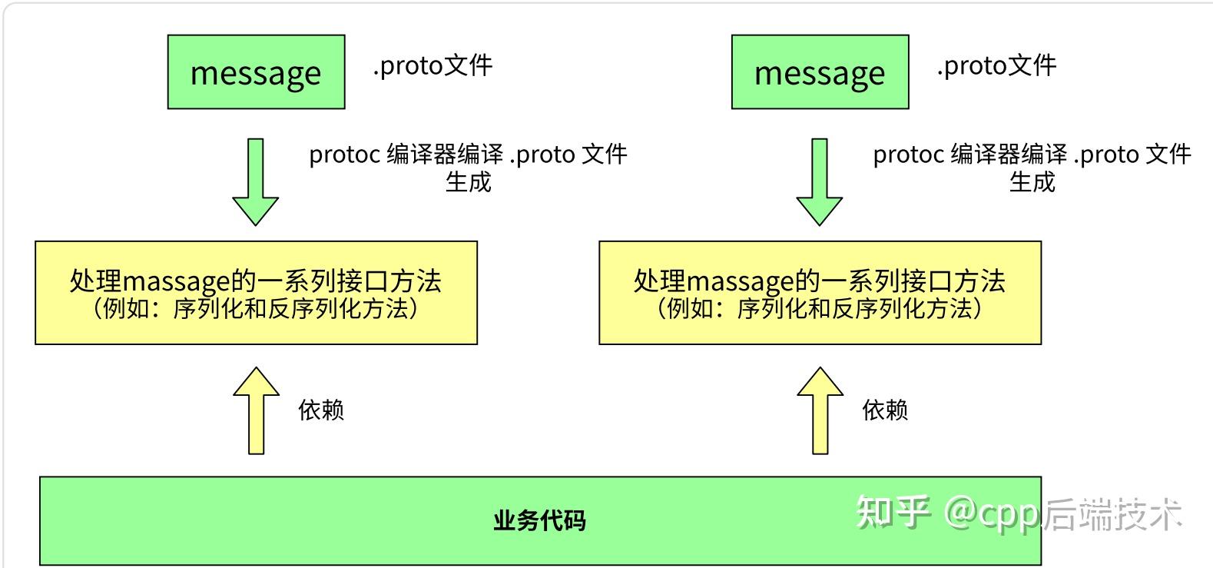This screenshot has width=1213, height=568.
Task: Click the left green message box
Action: pyautogui.click(x=256, y=72)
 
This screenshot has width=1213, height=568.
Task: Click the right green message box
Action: pyautogui.click(x=820, y=72)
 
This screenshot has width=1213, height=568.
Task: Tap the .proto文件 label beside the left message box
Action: pyautogui.click(x=433, y=65)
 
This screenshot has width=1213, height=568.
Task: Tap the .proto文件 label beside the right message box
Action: pyautogui.click(x=996, y=65)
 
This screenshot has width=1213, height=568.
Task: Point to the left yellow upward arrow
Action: pyautogui.click(x=256, y=411)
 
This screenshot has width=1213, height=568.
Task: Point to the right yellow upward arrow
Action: pyautogui.click(x=820, y=411)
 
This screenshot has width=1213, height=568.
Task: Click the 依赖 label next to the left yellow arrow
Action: pyautogui.click(x=321, y=410)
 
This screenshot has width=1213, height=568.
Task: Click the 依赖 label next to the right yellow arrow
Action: pyautogui.click(x=885, y=410)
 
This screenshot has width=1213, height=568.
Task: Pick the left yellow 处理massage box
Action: pyautogui.click(x=256, y=292)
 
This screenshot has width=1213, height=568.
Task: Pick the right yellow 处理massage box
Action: pyautogui.click(x=820, y=292)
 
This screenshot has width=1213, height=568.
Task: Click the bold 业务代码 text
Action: pyautogui.click(x=539, y=520)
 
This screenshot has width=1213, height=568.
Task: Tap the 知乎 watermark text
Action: pyautogui.click(x=893, y=513)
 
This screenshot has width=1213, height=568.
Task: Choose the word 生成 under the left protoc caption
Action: pyautogui.click(x=468, y=182)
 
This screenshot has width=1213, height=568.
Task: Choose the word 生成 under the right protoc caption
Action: pyautogui.click(x=1032, y=182)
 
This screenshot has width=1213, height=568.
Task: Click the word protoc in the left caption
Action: pyautogui.click(x=344, y=154)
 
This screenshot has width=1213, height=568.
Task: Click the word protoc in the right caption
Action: pyautogui.click(x=908, y=154)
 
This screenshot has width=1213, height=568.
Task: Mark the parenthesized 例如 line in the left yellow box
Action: pyautogui.click(x=256, y=309)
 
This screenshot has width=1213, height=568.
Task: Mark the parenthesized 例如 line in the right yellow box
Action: pyautogui.click(x=820, y=309)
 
